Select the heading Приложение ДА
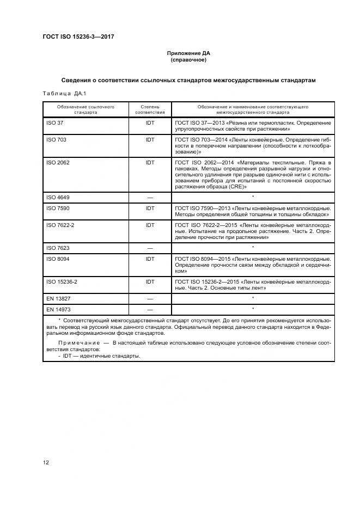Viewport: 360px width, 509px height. point(188,53)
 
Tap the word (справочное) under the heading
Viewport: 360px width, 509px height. point(188,60)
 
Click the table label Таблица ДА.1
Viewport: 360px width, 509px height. point(60,93)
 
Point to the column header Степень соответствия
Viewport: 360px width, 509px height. point(150,109)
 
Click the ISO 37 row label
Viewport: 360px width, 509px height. point(55,123)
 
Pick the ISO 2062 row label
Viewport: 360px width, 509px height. point(58,162)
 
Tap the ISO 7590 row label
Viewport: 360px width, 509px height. point(58,207)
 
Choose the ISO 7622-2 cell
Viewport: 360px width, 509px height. point(60,224)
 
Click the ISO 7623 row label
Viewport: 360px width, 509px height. point(58,247)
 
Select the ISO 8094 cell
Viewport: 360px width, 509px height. point(58,259)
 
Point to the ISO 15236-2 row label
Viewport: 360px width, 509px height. point(62,281)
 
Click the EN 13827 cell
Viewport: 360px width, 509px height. point(59,298)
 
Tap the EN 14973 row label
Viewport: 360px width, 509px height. point(59,309)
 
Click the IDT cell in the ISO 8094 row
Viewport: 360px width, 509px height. point(150,259)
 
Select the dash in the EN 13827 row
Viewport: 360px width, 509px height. point(150,299)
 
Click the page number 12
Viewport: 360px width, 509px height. point(46,462)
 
